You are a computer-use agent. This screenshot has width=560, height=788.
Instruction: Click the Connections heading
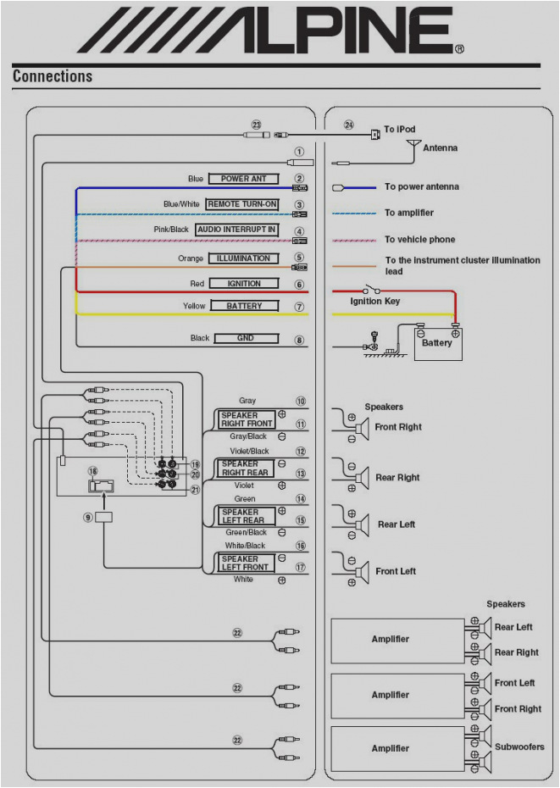[x=53, y=76]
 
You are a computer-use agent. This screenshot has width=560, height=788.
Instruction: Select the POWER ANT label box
[x=243, y=179]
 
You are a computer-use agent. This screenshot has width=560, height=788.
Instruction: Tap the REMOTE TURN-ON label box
[x=242, y=204]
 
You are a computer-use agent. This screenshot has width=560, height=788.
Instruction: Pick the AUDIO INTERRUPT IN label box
[x=237, y=230]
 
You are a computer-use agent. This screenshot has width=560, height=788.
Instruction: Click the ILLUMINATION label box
[x=243, y=258]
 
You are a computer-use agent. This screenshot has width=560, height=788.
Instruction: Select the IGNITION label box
[x=243, y=284]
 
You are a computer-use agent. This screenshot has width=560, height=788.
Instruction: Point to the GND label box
[x=246, y=338]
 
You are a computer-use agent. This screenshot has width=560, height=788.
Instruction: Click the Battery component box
[x=438, y=344]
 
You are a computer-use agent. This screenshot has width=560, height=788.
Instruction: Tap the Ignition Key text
[x=375, y=302]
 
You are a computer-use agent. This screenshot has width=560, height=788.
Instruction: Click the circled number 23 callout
[x=257, y=125]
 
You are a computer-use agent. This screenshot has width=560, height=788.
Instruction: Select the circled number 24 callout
[x=349, y=125]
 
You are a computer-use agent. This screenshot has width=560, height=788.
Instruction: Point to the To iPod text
[x=400, y=130]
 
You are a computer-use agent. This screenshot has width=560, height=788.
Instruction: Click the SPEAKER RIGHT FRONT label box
[x=247, y=419]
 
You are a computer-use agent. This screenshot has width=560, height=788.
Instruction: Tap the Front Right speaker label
[x=398, y=427]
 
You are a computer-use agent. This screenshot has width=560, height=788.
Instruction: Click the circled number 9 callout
[x=87, y=517]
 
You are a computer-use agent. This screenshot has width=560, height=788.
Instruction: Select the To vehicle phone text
[x=419, y=240]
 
